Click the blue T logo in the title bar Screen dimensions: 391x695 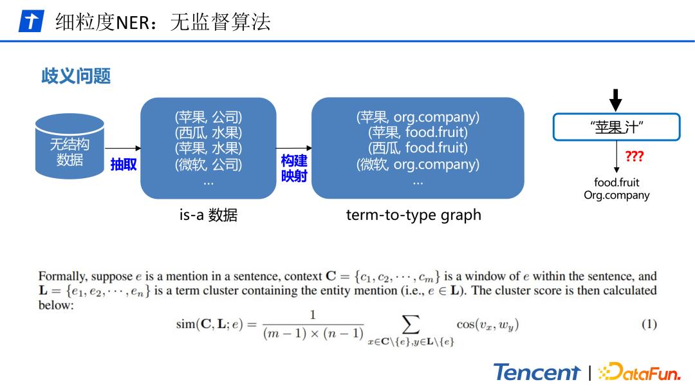30,21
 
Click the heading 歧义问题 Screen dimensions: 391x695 76,76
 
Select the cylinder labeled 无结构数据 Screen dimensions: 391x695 69,147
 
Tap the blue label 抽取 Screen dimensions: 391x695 124,165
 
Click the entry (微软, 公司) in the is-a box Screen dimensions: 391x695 208,165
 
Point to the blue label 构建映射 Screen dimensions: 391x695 294,168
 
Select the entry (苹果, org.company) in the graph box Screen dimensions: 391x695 418,117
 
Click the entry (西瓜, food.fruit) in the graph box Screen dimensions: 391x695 418,149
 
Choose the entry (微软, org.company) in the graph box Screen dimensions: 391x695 418,165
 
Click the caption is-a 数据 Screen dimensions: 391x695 208,215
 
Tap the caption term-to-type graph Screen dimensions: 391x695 413,215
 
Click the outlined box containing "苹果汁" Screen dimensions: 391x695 616,127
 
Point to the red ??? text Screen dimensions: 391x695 634,156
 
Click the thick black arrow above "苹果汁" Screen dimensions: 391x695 616,100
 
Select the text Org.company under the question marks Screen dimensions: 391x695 616,195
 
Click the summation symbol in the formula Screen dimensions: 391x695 410,322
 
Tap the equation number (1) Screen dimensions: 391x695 649,324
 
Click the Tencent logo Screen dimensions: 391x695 537,372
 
